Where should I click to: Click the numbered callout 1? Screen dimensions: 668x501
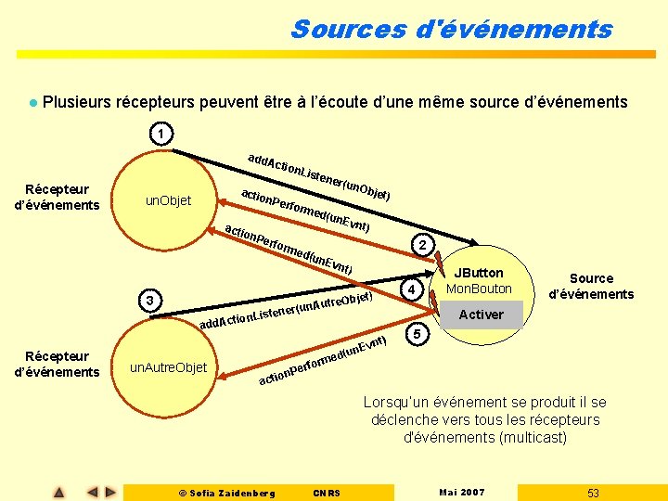point(161,135)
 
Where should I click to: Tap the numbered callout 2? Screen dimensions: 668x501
point(422,245)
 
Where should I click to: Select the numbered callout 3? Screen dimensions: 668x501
point(148,300)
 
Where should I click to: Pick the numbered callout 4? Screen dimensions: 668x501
point(413,291)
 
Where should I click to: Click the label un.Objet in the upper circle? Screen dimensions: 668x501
point(169,201)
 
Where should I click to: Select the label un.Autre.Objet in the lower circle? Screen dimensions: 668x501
point(169,368)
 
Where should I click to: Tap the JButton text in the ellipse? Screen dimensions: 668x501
point(478,273)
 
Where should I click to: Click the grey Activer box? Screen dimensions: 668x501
point(482,315)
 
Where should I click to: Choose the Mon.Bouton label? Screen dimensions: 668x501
point(480,289)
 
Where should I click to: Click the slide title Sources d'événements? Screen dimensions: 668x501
point(451,29)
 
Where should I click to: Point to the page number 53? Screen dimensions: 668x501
point(594,492)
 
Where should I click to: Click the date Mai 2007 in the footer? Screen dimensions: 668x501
point(461,492)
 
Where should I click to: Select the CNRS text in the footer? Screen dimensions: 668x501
point(328,493)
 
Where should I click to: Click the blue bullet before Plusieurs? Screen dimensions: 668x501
point(32,102)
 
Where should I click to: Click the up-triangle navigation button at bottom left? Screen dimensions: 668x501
point(58,492)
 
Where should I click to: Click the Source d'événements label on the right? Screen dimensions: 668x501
point(591,286)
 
